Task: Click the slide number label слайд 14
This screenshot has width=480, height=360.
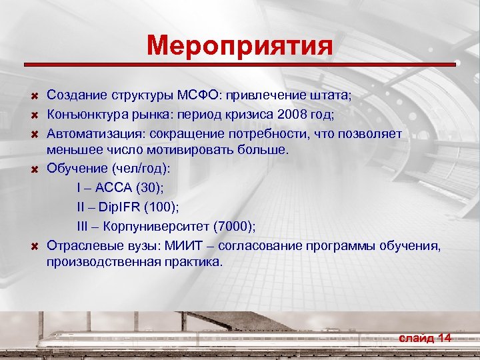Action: click(x=425, y=338)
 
